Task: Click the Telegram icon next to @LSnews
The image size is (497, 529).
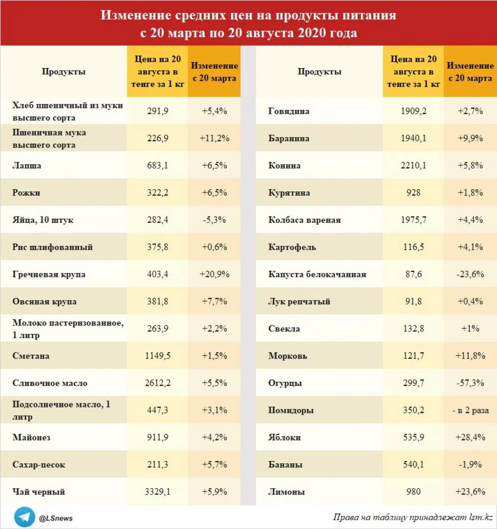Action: tap(24, 517)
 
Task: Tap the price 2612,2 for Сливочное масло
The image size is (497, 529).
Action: tap(158, 383)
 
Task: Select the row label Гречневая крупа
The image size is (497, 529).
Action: tap(49, 274)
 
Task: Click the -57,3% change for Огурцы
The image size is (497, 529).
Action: tap(470, 383)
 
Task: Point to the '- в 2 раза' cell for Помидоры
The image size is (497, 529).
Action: tap(470, 410)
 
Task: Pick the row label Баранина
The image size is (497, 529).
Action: tap(288, 138)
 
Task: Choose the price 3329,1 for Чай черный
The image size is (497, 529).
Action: tap(158, 492)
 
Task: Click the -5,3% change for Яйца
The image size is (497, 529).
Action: tap(214, 220)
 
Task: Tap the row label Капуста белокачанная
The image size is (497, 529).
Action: tap(317, 274)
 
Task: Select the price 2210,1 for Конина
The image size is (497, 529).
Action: tap(413, 165)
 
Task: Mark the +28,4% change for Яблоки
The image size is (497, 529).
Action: tap(470, 437)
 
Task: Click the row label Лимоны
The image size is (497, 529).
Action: tap(286, 492)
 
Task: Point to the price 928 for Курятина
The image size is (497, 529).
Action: tap(413, 193)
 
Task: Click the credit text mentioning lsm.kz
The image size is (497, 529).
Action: tap(413, 517)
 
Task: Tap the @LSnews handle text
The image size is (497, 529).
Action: tap(56, 518)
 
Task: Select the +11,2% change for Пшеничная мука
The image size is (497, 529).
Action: tap(214, 138)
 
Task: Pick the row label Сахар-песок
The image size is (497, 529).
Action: tap(39, 465)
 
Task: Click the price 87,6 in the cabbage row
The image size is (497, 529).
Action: tap(413, 274)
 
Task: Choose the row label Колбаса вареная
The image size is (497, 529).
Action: tap(304, 220)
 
